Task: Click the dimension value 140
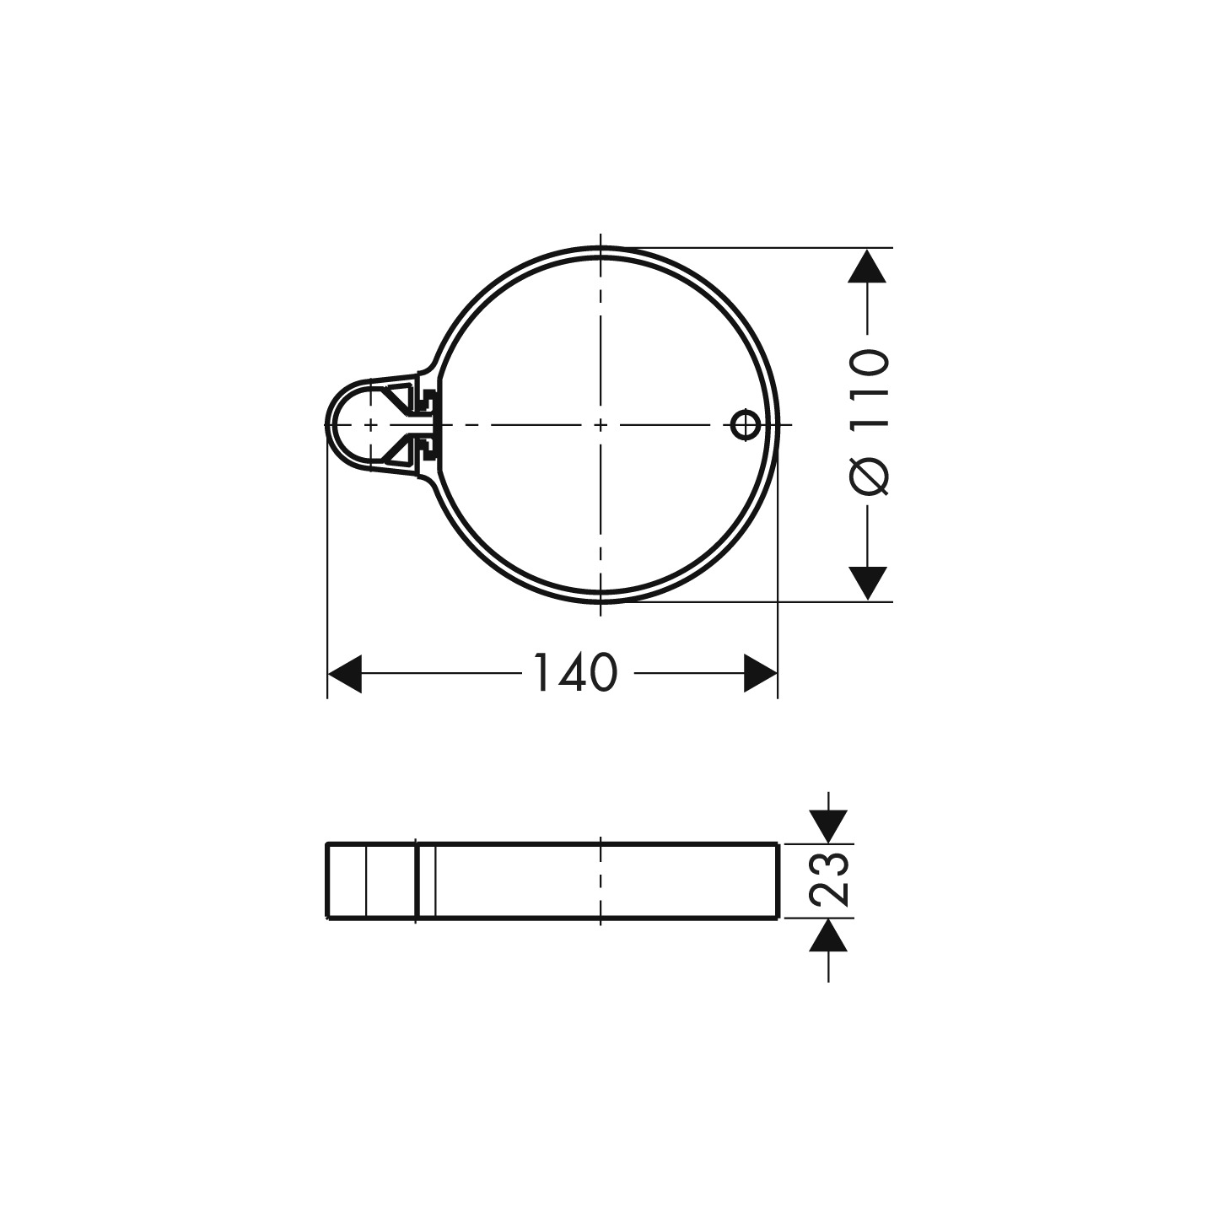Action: coord(576,674)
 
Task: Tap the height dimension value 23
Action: coord(828,879)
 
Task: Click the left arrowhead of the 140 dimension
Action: coord(344,674)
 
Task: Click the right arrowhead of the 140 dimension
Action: coord(760,674)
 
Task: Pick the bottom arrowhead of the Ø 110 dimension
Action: coord(868,583)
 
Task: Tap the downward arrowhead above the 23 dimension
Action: coord(828,826)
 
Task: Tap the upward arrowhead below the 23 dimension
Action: coord(828,935)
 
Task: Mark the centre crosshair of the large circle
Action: coord(600,424)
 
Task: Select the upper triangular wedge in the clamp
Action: coord(397,398)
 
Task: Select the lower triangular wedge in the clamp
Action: coord(397,450)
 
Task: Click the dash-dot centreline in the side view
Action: coord(600,881)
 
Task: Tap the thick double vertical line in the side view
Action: coord(417,881)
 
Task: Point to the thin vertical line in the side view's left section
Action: coord(366,881)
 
